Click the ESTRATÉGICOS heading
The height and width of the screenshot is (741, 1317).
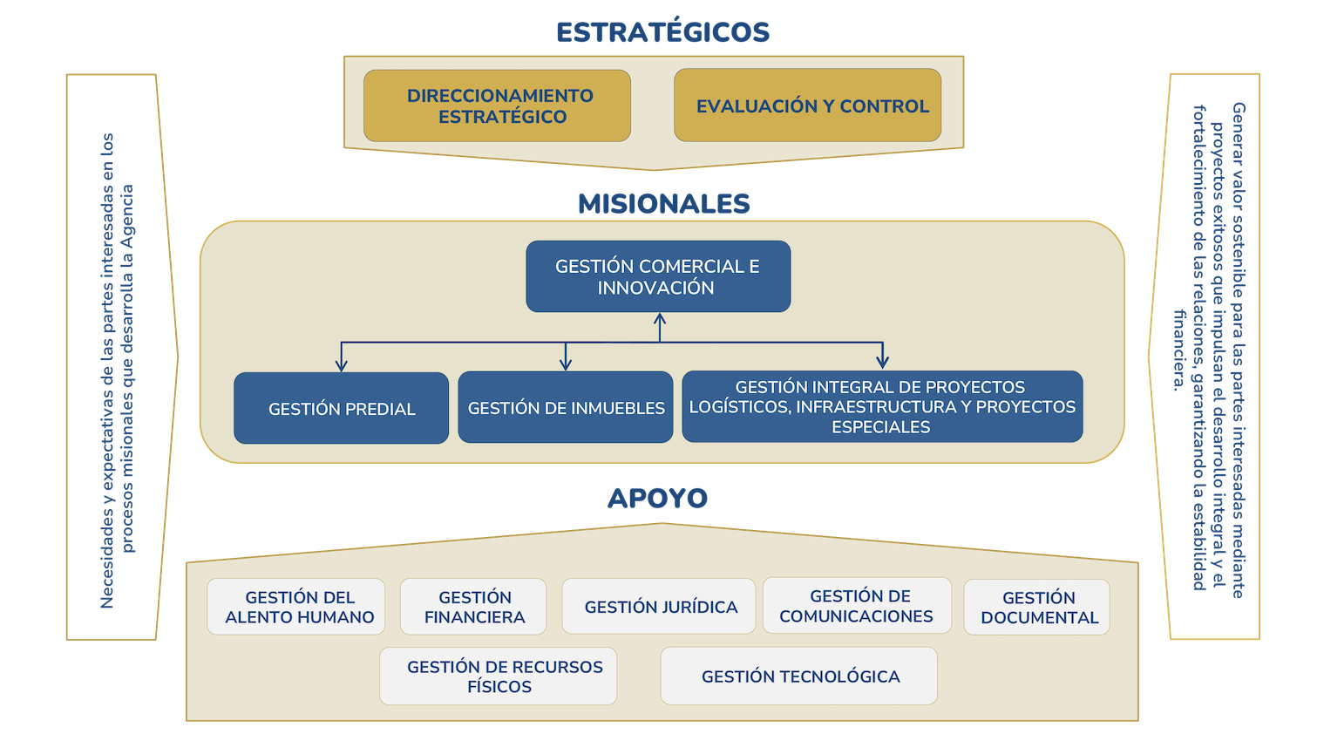663,32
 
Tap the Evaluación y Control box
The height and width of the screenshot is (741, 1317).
807,105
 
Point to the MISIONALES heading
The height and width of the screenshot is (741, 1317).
663,203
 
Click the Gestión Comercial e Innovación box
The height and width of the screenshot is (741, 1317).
658,276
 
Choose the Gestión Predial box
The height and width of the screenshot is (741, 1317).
341,408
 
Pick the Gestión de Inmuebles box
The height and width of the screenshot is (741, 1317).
566,407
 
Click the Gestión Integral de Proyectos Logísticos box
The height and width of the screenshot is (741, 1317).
882,406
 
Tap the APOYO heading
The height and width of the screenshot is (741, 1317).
657,498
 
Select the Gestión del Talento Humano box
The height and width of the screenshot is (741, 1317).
296,607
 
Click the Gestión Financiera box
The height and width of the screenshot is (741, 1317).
473,607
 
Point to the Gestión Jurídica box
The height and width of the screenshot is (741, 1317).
659,607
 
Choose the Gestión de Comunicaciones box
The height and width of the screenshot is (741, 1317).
857,606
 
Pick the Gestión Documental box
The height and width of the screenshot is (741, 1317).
1037,608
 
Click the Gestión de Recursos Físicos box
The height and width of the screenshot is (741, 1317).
499,676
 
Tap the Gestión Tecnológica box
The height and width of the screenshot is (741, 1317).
799,676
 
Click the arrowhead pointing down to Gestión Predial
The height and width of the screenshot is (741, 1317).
342,365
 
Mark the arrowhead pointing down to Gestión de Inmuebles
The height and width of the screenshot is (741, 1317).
566,364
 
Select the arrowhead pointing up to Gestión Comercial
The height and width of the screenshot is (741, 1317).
660,319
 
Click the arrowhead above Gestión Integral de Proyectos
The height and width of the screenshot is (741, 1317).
882,363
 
